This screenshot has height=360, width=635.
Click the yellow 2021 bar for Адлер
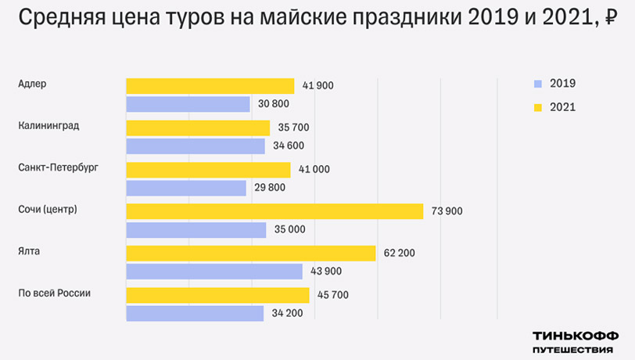coord(210,85)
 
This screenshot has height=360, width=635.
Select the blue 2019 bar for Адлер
coord(188,103)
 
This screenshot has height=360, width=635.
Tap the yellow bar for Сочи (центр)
coord(274,211)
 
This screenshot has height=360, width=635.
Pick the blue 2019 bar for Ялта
coord(214,272)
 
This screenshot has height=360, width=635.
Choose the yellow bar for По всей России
coord(217,295)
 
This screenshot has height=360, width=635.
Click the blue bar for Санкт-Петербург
coord(186,188)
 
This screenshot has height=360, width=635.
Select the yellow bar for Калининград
coord(198,127)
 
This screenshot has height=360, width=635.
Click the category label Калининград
coord(48,125)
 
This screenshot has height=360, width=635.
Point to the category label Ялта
coord(29,250)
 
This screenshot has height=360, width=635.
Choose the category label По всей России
coord(55,293)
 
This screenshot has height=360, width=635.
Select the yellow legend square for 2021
coord(537,107)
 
